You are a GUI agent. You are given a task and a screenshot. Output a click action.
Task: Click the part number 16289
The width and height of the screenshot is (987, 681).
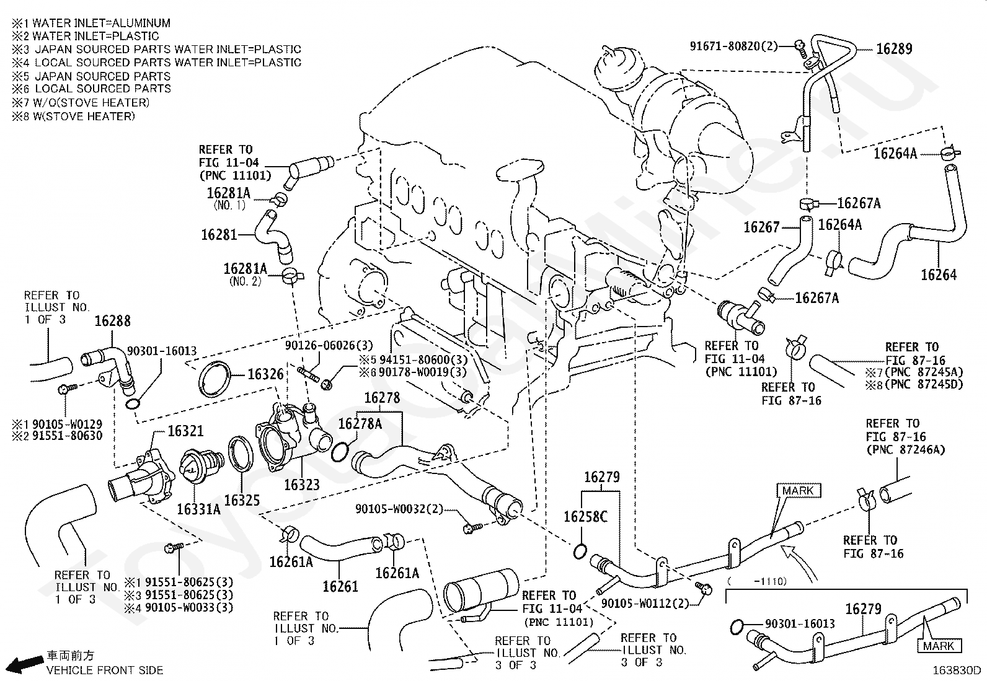tap(893, 49)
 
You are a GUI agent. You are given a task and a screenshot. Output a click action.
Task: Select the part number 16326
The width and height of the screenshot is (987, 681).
tap(265, 374)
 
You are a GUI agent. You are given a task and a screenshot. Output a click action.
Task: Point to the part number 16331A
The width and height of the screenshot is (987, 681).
tap(198, 509)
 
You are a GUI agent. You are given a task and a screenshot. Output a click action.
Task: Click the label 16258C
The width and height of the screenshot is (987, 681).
tap(585, 516)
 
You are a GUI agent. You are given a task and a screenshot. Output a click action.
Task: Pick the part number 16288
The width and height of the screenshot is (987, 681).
tap(112, 321)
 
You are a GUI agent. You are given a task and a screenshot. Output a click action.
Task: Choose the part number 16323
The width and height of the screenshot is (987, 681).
tap(302, 485)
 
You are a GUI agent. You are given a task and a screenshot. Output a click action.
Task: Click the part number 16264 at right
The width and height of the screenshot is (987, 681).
tap(939, 275)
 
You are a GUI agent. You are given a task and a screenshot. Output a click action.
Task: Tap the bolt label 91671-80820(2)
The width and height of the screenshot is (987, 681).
tap(733, 46)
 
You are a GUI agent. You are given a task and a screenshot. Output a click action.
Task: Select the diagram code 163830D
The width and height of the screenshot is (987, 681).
tap(958, 670)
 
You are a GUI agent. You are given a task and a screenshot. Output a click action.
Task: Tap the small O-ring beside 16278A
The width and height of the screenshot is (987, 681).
tap(339, 452)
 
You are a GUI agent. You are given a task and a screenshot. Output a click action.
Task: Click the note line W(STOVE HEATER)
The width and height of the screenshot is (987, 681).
tap(73, 116)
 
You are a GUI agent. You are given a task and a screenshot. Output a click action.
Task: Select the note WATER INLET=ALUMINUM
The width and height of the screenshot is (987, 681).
tap(91, 23)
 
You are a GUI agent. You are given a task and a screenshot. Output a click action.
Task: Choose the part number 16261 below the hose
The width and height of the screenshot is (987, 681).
tap(340, 586)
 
